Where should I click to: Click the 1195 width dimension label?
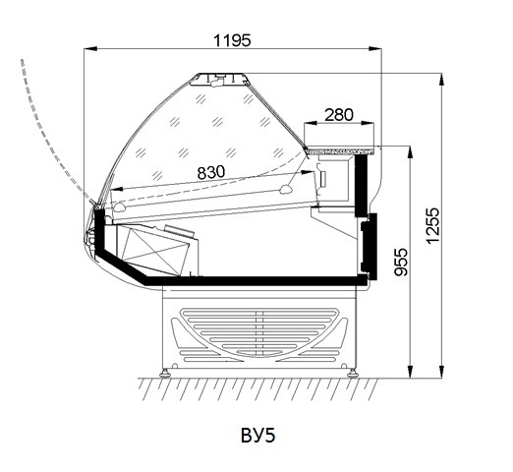(x=232, y=40)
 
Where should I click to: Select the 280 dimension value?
(x=339, y=115)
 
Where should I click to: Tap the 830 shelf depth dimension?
(x=211, y=172)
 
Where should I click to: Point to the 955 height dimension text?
(x=401, y=262)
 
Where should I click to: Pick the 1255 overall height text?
(x=432, y=225)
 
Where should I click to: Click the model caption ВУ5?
(x=258, y=436)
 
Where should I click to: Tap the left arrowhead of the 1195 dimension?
(x=90, y=49)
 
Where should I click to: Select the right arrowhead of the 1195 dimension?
(x=375, y=49)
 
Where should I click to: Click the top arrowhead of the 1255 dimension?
(x=442, y=80)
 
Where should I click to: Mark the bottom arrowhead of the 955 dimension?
(x=410, y=372)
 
